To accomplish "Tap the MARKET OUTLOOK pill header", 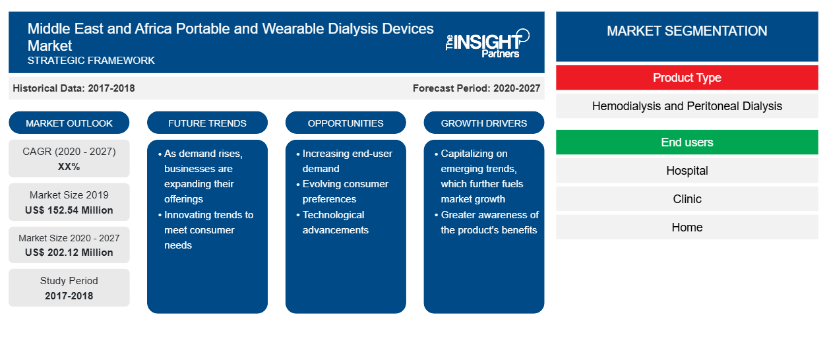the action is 69,123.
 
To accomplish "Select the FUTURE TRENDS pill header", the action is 207,123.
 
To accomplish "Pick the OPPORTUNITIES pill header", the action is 346,123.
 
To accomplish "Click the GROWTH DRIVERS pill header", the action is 483,123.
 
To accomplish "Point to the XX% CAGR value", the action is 69,167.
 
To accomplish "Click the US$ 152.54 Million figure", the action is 69,210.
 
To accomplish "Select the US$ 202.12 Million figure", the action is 69,252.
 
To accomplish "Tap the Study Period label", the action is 69,281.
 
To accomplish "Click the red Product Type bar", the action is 687,78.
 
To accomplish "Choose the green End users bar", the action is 687,142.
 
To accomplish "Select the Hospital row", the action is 687,171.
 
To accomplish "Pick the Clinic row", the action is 687,198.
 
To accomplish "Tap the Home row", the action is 687,227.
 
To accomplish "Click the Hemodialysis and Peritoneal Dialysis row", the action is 687,106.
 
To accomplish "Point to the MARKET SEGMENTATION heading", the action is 687,30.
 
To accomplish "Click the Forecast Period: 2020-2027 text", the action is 476,88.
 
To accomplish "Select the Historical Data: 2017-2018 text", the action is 74,88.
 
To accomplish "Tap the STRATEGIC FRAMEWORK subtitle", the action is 91,60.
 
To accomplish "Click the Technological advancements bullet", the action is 332,222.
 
